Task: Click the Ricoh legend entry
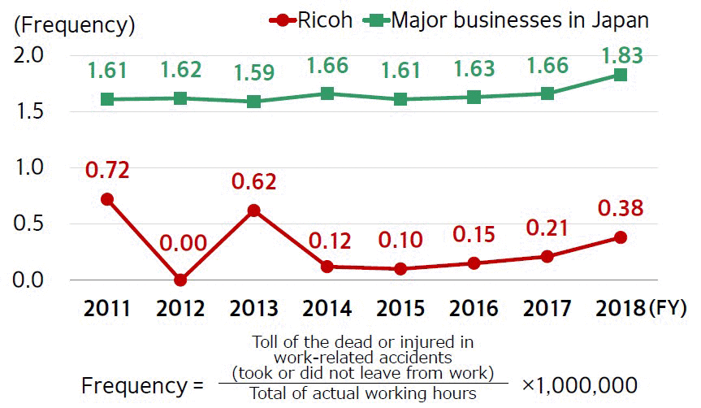coord(312,20)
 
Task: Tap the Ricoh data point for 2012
coord(180,280)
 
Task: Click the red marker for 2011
coord(106,199)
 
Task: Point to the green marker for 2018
coord(621,76)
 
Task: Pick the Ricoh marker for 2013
coord(254,211)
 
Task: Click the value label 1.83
coord(621,55)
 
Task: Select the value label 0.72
coord(106,171)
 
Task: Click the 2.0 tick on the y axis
coord(32,55)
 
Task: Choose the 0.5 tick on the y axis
coord(32,224)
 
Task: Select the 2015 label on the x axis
coord(401,309)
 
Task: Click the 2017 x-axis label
coord(548,309)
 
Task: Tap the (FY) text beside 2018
coord(667,309)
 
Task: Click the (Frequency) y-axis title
coord(74,24)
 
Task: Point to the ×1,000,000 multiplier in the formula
coord(578,384)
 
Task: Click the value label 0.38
coord(621,209)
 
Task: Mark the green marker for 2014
coord(327,93)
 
